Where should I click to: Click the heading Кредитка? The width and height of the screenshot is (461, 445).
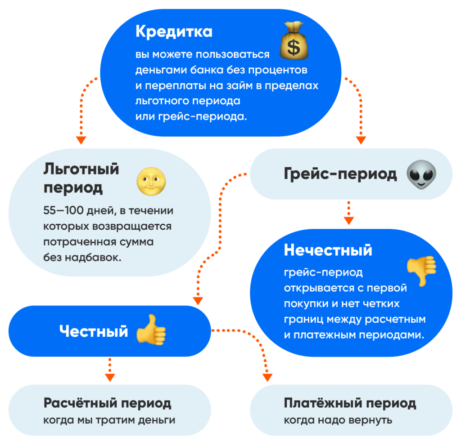pos(174,32)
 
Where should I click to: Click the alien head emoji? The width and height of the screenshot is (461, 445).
pos(421,174)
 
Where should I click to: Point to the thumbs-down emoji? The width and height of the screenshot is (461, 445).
pos(421,270)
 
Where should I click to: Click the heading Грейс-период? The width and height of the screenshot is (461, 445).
pos(340,174)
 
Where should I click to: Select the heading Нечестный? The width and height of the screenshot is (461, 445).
pos(328,250)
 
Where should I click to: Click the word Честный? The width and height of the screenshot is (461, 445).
pos(94,332)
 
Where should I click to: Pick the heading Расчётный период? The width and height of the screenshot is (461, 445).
pos(108,403)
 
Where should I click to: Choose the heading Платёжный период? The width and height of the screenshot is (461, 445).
pos(350,403)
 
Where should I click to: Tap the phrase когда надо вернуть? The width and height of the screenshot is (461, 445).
pos(338,420)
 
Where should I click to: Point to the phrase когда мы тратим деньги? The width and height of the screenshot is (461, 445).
pos(109,420)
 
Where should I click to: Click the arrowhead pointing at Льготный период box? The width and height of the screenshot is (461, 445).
pos(81,140)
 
